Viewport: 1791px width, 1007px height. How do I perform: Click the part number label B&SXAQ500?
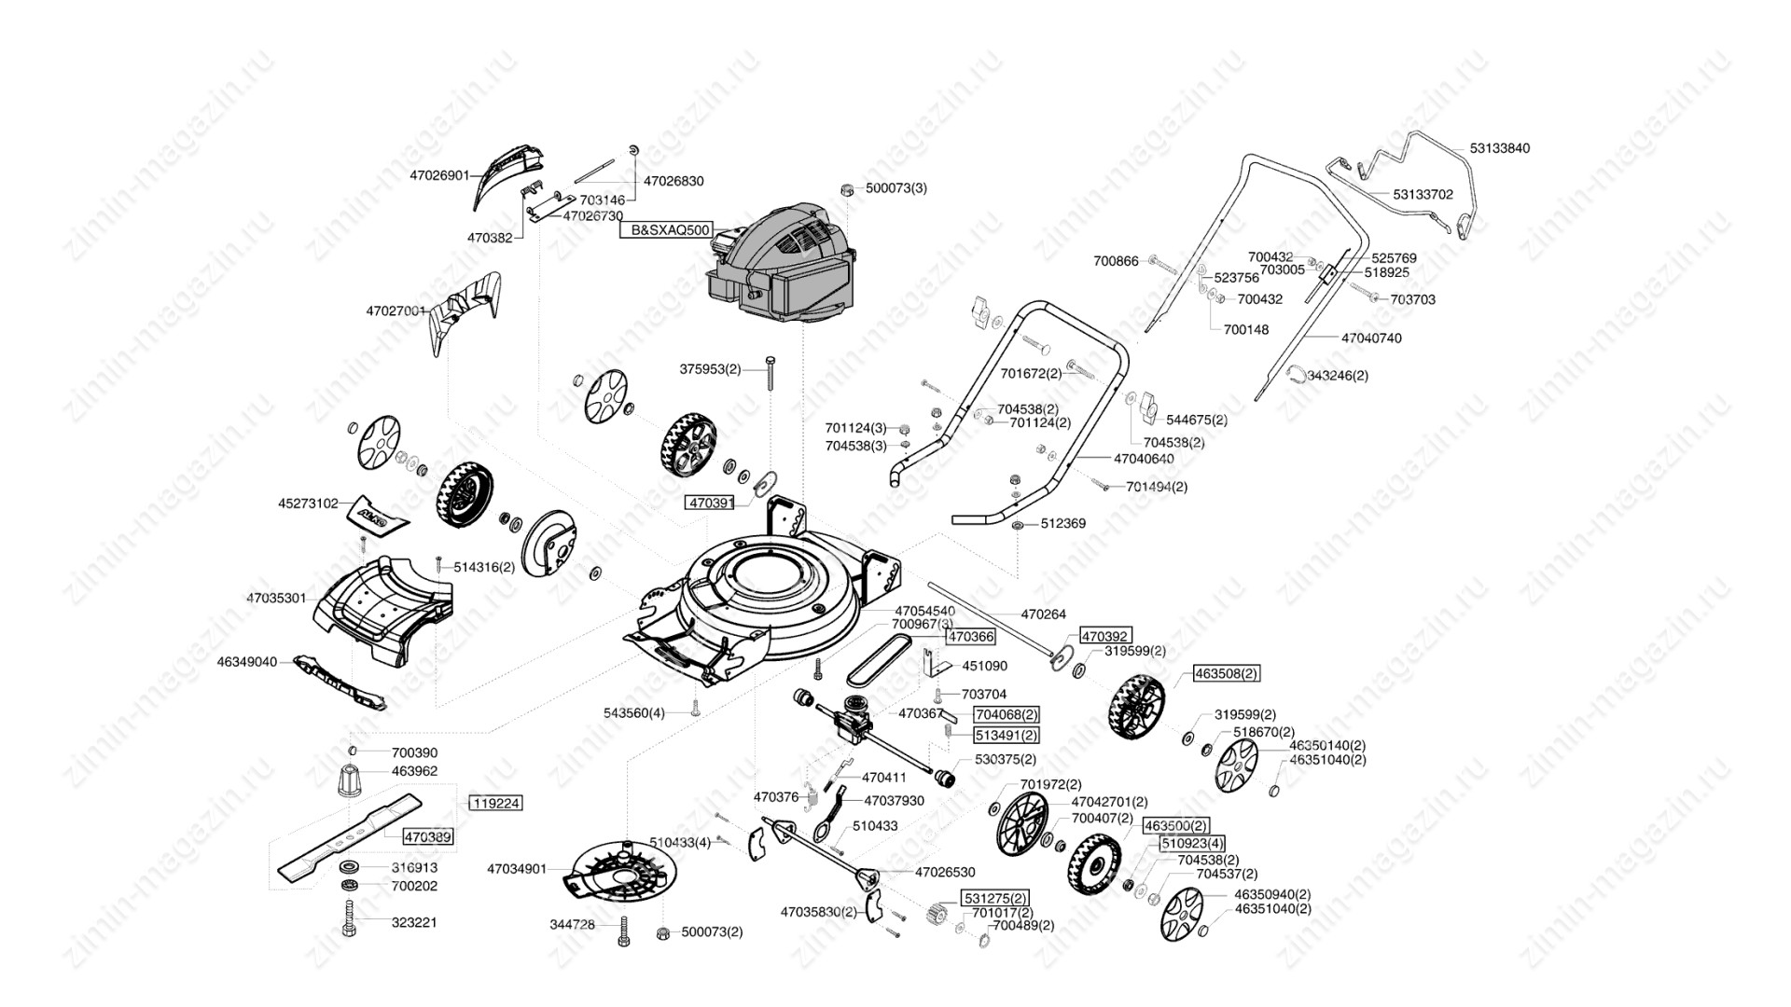click(665, 229)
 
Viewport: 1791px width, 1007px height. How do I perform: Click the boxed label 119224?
click(494, 803)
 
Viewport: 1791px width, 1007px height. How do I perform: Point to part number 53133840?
click(1500, 148)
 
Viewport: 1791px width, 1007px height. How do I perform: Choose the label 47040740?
click(1370, 338)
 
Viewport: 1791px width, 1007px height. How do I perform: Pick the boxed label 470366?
click(970, 637)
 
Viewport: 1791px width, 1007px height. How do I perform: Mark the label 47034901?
click(517, 869)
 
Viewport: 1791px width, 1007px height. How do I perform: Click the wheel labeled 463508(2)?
click(1136, 705)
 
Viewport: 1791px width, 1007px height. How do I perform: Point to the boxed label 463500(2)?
click(1175, 826)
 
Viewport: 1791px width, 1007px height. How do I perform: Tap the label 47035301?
click(276, 598)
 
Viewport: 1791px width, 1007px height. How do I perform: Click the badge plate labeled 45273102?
click(381, 516)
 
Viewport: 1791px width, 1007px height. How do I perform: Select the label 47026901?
click(439, 175)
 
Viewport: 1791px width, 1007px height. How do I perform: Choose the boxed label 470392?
click(1105, 636)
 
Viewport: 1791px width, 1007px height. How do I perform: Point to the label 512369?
click(1062, 524)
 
